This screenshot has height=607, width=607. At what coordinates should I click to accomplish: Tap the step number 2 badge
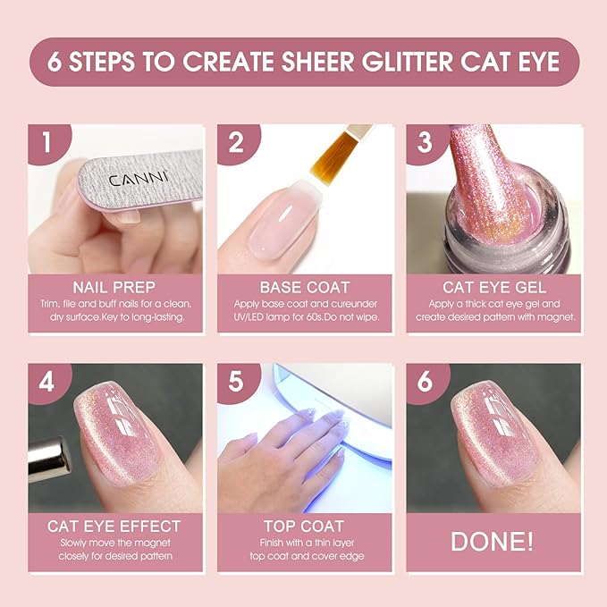point(235,142)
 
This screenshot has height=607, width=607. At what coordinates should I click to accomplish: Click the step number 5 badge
point(235,380)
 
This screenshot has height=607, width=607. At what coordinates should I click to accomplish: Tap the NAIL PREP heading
point(114,288)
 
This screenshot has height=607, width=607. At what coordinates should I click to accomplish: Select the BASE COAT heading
point(304,288)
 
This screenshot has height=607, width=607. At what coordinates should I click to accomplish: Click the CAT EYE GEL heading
point(493,288)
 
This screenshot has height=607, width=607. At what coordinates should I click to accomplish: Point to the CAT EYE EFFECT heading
point(114,526)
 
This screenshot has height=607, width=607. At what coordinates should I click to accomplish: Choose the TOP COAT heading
point(304,526)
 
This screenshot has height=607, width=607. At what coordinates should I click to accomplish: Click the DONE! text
point(493,542)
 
